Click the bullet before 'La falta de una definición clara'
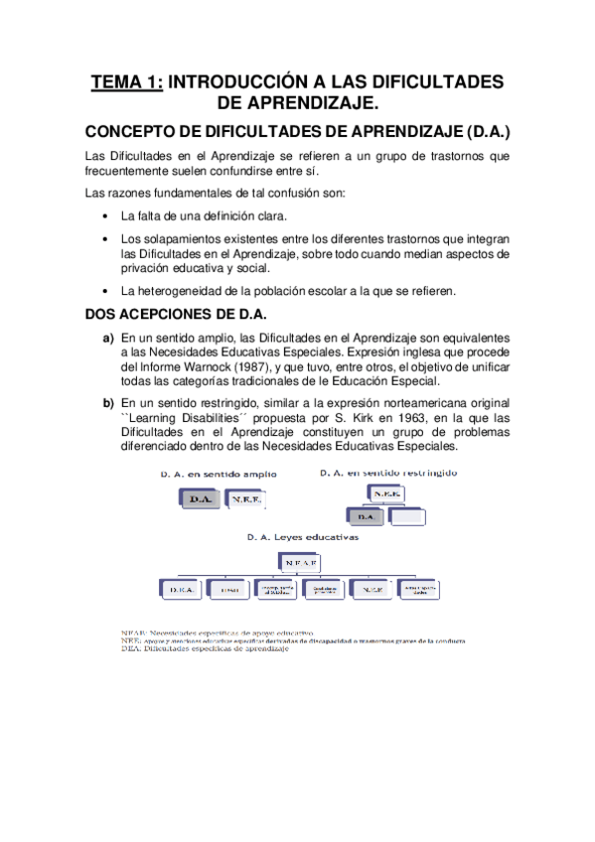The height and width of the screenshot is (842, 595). [x=106, y=215]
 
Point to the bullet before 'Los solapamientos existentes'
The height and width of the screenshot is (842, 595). [x=106, y=239]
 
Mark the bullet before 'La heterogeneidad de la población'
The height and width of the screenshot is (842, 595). [x=106, y=291]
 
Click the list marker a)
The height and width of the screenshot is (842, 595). [x=108, y=339]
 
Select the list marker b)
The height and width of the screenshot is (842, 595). [x=108, y=403]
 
